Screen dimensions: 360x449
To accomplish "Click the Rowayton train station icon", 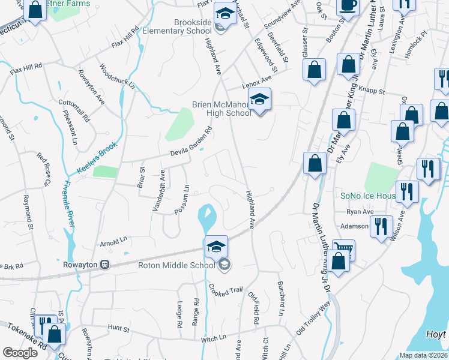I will point(104,264).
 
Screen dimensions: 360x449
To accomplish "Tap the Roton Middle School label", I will point(176,265).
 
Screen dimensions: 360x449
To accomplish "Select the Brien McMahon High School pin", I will point(260,101).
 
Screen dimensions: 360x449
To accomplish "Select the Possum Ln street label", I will point(182,203).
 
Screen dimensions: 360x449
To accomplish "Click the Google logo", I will point(20,352).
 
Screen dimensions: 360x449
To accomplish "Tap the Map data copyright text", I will point(424,355).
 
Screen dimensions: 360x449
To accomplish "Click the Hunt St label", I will point(119,329).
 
